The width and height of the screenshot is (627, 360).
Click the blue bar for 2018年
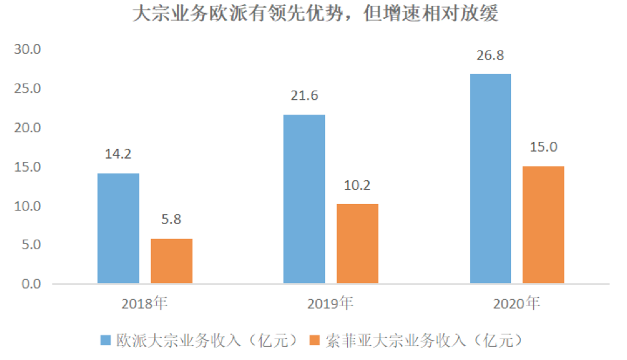point(119,228)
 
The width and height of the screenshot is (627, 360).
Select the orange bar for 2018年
point(172,261)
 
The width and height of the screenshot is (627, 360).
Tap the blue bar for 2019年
point(304,199)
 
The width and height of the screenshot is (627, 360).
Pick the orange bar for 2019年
point(358,243)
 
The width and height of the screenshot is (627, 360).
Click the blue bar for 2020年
point(490,179)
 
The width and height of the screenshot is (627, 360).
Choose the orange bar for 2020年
point(543,225)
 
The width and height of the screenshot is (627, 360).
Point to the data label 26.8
point(490,56)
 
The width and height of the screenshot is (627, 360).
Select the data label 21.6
point(304,96)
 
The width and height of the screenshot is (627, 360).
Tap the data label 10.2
point(358,186)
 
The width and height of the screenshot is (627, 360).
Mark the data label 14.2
point(119,154)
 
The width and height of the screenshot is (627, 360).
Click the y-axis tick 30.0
point(28,49)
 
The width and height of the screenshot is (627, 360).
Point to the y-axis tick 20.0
point(28,128)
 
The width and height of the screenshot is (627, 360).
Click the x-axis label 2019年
point(330,303)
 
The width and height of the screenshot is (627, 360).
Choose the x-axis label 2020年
point(516,303)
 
